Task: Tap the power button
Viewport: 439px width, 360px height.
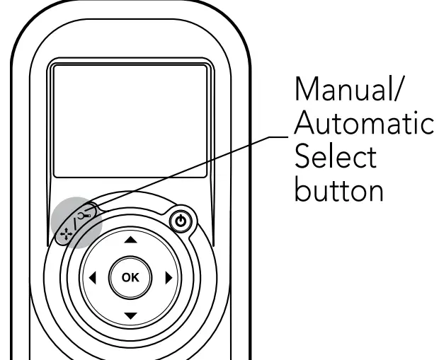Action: click(182, 222)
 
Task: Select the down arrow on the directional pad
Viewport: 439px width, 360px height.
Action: click(129, 314)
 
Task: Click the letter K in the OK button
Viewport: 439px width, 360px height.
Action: click(135, 278)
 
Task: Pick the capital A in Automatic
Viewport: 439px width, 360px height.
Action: click(305, 125)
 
